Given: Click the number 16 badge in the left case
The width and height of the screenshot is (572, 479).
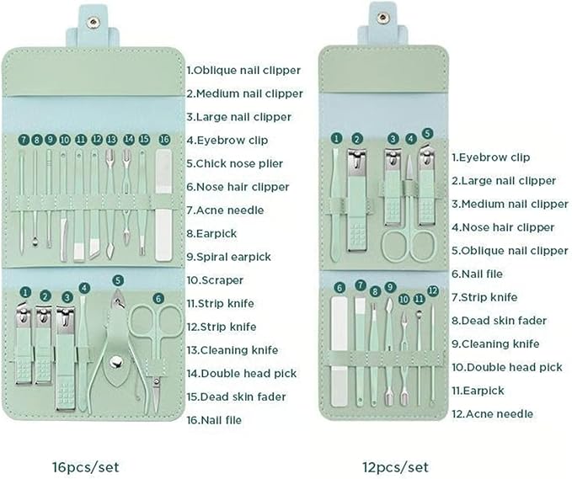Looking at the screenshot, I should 164,139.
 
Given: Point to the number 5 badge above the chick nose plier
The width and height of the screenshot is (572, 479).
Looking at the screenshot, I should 118,280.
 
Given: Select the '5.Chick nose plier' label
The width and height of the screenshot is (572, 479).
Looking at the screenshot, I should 234,163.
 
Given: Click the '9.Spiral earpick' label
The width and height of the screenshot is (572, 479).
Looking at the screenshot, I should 228,257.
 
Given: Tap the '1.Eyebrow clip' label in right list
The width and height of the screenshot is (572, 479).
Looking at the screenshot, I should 491,157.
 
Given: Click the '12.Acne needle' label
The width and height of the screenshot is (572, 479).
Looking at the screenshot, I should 492,413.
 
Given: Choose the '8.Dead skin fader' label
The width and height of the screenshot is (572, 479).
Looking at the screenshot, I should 499,320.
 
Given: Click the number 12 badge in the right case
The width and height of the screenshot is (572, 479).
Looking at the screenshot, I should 432,290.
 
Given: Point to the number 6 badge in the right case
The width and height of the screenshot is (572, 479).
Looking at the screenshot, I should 339,287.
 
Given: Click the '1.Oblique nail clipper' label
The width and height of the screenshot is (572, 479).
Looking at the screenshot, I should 244,71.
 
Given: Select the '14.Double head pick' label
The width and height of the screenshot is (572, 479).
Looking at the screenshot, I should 241,373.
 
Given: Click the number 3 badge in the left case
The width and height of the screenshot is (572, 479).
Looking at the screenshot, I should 67,297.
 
